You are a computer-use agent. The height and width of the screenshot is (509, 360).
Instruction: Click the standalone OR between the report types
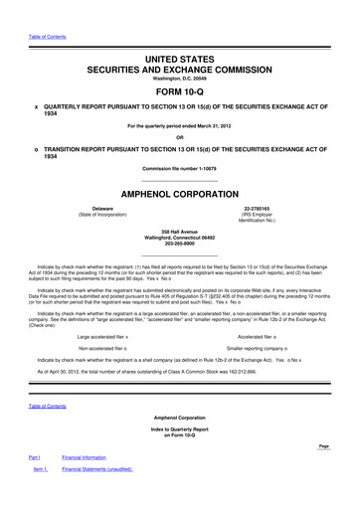(x=180, y=136)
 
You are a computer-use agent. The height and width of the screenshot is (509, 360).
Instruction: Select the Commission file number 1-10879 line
(x=180, y=168)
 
